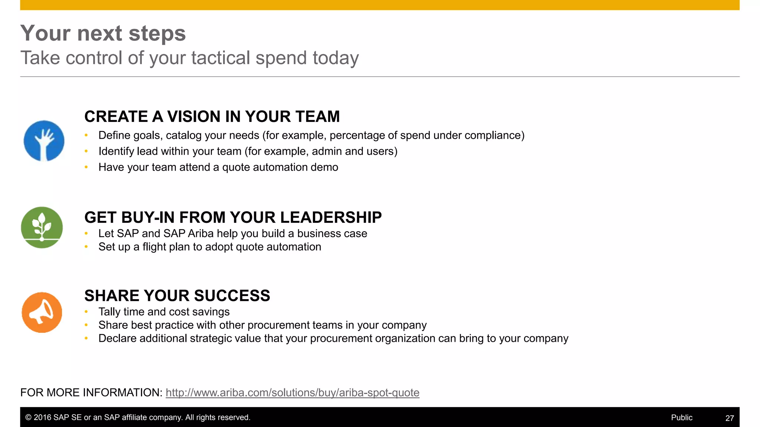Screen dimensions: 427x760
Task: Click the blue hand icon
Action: point(44,141)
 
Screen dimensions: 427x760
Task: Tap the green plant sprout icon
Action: point(42,227)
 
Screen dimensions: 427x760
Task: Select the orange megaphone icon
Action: point(42,312)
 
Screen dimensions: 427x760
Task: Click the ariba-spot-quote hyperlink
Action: point(292,393)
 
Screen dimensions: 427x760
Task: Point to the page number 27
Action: point(729,418)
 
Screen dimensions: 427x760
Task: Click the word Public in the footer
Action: point(681,417)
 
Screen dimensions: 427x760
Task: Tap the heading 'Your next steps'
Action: point(103,33)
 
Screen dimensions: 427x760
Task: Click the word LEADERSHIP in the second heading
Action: point(331,218)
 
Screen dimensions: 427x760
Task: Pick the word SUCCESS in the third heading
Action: point(232,296)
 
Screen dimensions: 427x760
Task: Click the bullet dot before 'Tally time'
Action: point(86,312)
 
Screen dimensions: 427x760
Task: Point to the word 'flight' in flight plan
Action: point(154,247)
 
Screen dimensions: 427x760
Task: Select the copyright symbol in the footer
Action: point(28,417)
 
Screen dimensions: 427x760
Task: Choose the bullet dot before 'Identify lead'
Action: point(86,151)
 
